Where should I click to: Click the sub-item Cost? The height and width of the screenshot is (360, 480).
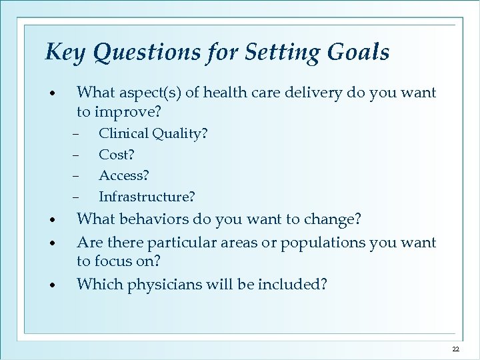[x=116, y=155]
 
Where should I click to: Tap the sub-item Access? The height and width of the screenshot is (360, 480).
[x=124, y=175]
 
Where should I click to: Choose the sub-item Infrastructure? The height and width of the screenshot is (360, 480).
[x=147, y=197]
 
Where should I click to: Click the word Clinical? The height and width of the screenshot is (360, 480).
[x=123, y=134]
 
